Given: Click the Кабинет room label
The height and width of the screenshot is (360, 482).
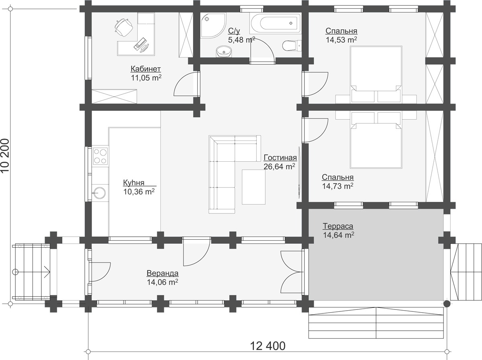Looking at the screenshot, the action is pyautogui.click(x=145, y=69).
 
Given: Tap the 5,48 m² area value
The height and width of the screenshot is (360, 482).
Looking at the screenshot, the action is pyautogui.click(x=241, y=40).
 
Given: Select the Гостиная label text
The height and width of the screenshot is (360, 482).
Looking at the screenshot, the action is pyautogui.click(x=280, y=157).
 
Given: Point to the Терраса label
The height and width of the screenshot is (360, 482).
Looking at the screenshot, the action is pyautogui.click(x=338, y=226).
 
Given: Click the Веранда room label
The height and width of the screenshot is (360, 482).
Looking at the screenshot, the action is pyautogui.click(x=163, y=273).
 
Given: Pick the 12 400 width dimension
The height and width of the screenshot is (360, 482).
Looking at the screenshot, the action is pyautogui.click(x=268, y=346).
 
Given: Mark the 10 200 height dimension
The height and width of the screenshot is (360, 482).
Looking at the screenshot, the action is pyautogui.click(x=5, y=156).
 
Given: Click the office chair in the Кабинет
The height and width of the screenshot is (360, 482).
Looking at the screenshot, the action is pyautogui.click(x=124, y=27).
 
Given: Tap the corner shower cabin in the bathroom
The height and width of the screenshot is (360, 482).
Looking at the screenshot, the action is pyautogui.click(x=213, y=25).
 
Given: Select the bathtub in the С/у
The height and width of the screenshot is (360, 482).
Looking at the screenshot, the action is pyautogui.click(x=276, y=23).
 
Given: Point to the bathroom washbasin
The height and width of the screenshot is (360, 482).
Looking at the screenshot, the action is pyautogui.click(x=224, y=51).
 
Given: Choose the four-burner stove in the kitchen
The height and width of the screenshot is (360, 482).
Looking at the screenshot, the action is pyautogui.click(x=100, y=156).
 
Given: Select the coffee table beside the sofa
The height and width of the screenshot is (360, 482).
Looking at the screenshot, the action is pyautogui.click(x=253, y=187).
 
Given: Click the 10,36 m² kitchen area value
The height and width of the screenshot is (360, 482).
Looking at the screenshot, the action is pyautogui.click(x=139, y=191).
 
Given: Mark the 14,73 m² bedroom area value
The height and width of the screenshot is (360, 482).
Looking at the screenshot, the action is pyautogui.click(x=338, y=186).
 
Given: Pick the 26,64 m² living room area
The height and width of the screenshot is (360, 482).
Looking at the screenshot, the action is pyautogui.click(x=279, y=167).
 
